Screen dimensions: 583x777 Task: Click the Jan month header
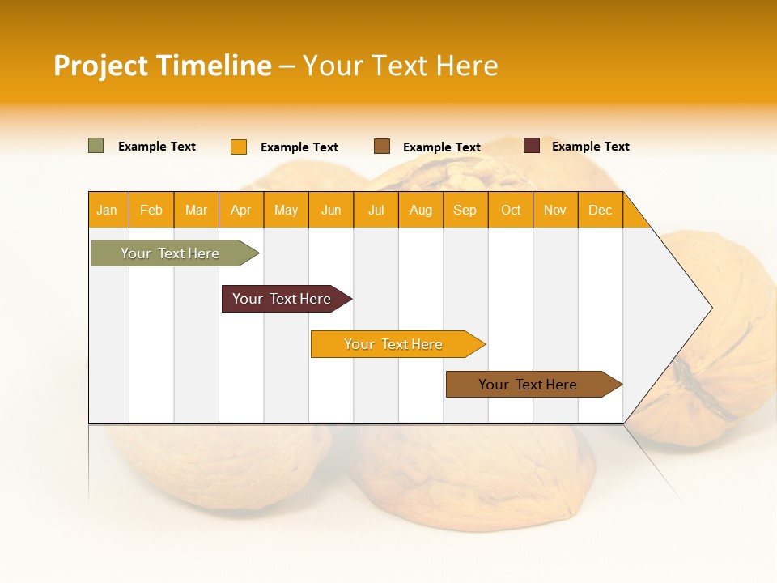point(107,210)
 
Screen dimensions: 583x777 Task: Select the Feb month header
point(151,210)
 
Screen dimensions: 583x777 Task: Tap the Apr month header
point(241,210)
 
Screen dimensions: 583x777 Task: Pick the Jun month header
point(331,210)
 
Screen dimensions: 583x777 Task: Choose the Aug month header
point(421,210)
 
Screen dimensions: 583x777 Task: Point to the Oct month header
point(511,210)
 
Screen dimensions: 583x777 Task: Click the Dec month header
point(600,210)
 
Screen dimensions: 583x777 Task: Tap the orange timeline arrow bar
point(394,344)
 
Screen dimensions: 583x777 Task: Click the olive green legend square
point(96,146)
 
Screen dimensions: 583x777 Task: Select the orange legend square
point(239,147)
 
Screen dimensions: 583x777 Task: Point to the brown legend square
point(382,147)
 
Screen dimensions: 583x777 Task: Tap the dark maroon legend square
point(532,146)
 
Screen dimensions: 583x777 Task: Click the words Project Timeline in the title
point(163,66)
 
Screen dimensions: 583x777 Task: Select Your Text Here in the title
point(400,66)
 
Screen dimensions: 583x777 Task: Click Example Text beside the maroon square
point(590,147)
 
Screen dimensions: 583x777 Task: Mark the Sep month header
point(465,210)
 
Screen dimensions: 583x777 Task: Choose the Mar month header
point(196,210)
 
